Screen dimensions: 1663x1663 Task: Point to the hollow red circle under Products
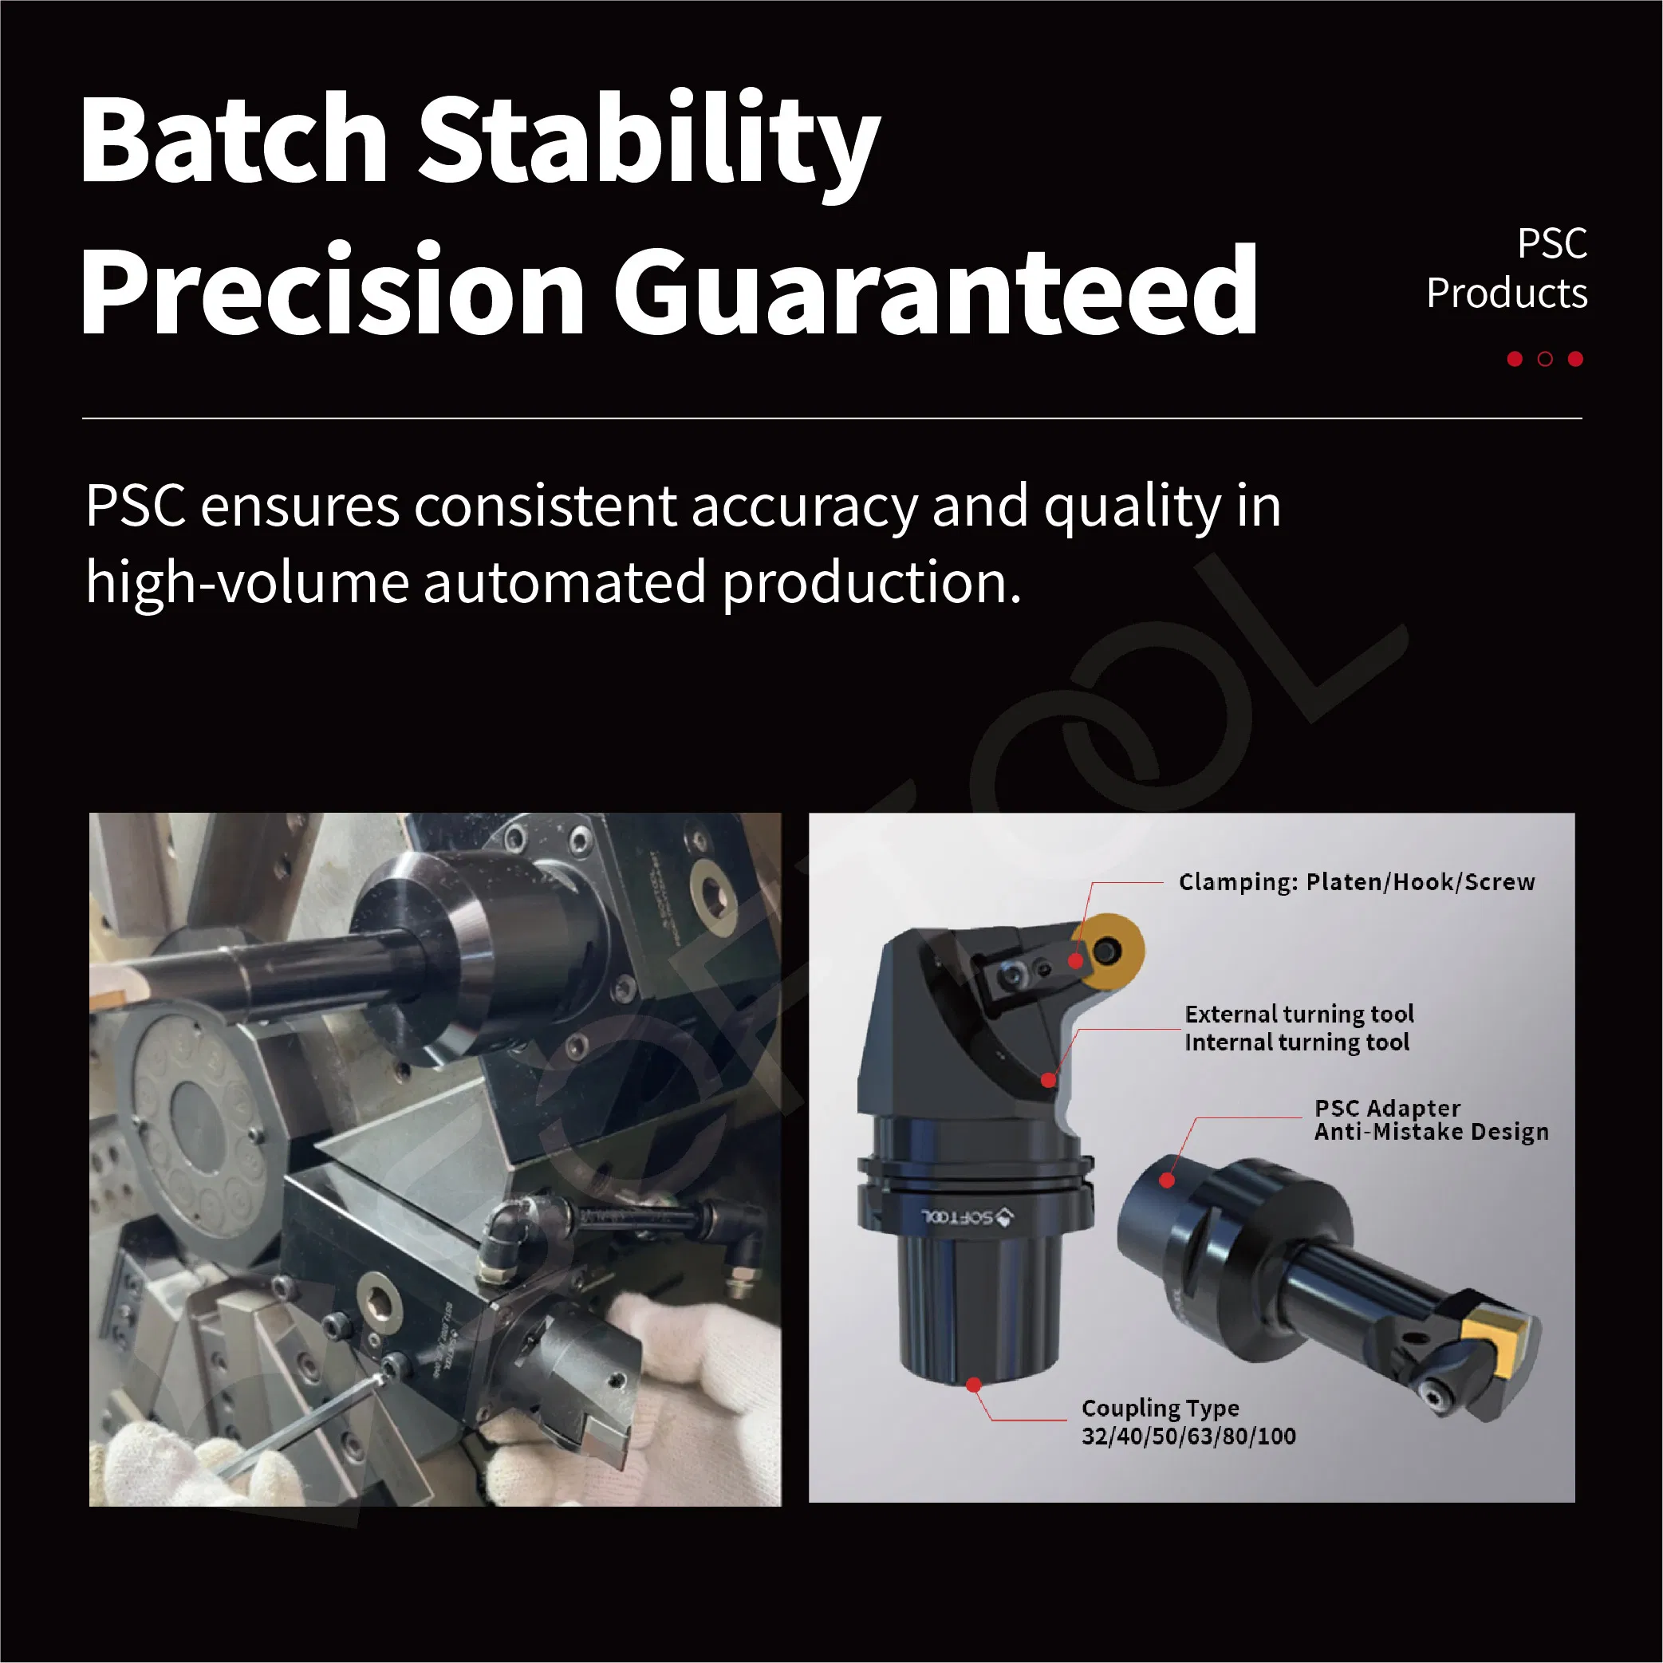(x=1545, y=359)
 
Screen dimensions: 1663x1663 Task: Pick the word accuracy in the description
(x=804, y=506)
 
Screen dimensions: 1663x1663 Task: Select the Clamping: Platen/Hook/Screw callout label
(x=1356, y=882)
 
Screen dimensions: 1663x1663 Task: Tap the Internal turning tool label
(x=1296, y=1042)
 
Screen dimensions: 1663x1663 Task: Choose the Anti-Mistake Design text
(x=1431, y=1132)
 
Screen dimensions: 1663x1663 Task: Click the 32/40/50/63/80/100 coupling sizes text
(x=1188, y=1436)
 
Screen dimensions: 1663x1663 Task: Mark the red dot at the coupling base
(x=974, y=1385)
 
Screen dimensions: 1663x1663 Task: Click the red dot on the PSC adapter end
(x=1167, y=1180)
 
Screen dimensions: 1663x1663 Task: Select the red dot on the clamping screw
(x=1076, y=960)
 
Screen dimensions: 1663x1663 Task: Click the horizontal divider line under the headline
(x=831, y=418)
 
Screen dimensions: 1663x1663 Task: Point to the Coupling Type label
(x=1161, y=1409)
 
